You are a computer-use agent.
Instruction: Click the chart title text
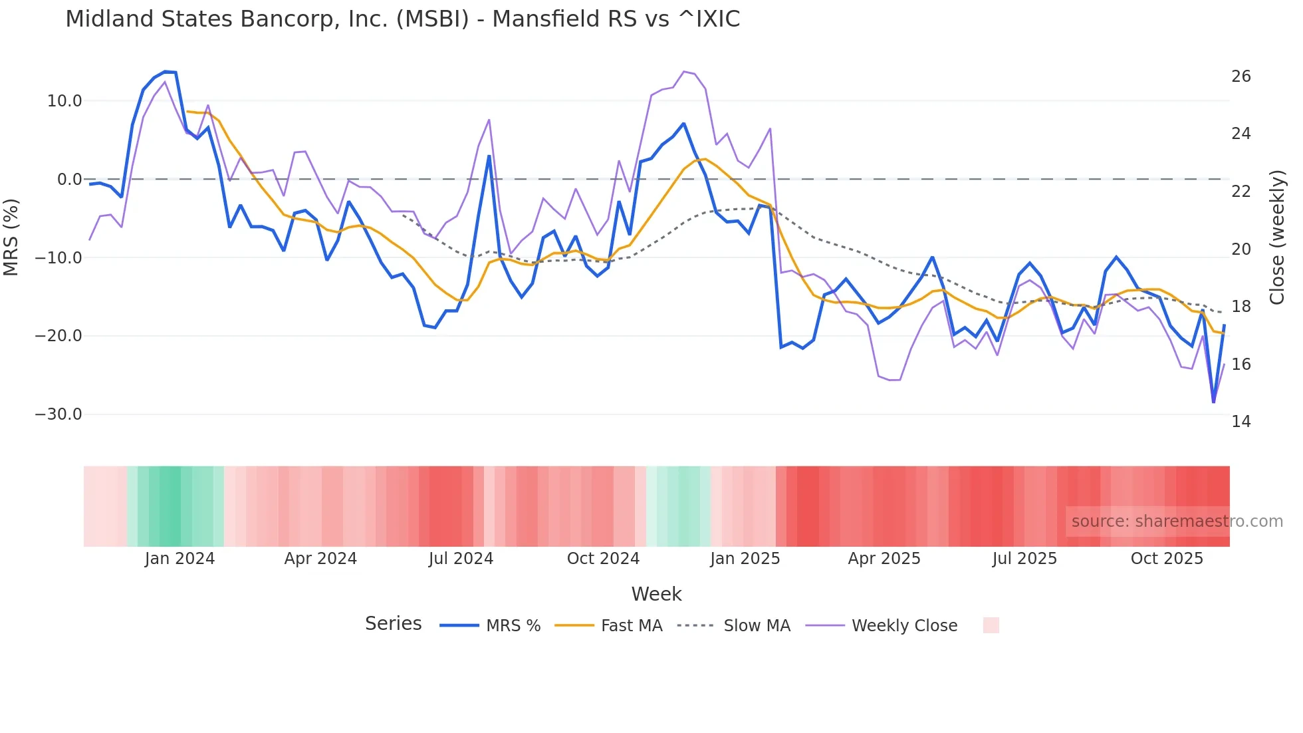[x=402, y=19]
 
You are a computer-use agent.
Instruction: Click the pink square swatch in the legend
[x=991, y=625]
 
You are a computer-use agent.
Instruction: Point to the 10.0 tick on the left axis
[x=64, y=101]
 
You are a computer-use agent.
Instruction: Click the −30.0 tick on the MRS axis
[x=59, y=414]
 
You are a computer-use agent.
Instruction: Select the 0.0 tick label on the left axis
[x=69, y=180]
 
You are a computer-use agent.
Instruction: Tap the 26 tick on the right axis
[x=1241, y=76]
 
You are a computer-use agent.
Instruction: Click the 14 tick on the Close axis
[x=1241, y=422]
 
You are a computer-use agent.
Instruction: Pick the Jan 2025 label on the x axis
[x=745, y=559]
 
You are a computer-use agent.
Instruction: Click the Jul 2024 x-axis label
[x=461, y=559]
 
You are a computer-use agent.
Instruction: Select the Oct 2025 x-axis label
[x=1167, y=559]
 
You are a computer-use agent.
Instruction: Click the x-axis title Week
[x=656, y=594]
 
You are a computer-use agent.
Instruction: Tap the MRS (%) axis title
[x=11, y=237]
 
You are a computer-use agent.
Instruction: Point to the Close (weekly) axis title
[x=1277, y=237]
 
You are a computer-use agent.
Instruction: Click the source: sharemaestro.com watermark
[x=1177, y=521]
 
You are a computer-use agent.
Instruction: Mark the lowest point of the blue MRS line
[x=1213, y=402]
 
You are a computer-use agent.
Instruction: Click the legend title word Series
[x=393, y=624]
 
